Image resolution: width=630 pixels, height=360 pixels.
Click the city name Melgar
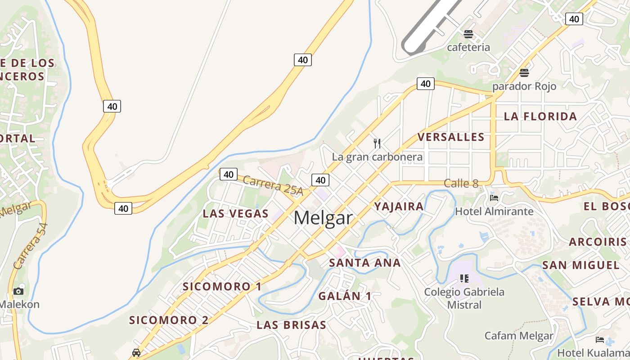323,218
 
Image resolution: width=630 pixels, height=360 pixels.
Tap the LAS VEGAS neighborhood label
235,213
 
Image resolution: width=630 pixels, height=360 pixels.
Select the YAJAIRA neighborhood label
399,207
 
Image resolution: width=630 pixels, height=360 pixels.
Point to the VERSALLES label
451,137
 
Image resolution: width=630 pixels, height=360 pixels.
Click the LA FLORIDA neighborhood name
540,116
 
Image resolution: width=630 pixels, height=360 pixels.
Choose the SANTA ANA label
364,263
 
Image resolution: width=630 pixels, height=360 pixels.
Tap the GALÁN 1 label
345,296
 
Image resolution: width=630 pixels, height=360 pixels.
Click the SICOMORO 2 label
169,320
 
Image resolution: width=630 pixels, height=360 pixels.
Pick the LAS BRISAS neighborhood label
291,325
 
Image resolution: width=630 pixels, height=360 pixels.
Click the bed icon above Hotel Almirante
494,198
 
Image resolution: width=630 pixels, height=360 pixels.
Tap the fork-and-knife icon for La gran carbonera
377,144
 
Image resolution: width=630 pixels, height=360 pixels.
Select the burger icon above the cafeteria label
468,34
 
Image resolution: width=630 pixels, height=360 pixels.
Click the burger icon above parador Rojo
524,72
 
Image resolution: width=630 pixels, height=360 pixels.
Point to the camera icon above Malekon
18,291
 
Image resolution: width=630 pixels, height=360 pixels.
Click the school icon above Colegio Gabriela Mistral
464,279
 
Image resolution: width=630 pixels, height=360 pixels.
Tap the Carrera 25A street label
273,185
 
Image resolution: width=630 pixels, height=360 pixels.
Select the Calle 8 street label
461,183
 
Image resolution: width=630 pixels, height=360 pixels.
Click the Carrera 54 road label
30,246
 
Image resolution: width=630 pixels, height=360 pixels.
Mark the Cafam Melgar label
519,336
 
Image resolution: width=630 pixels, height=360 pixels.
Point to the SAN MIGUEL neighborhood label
581,265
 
